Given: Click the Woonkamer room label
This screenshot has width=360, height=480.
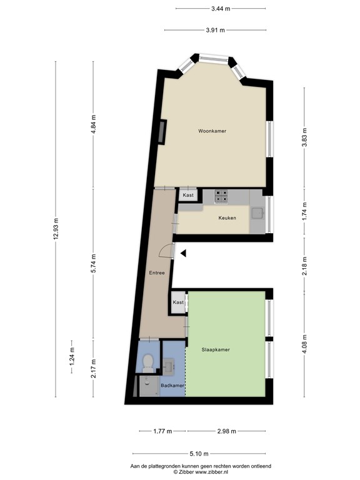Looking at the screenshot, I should click(212, 131).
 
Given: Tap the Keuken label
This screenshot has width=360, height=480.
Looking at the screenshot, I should click(227, 218).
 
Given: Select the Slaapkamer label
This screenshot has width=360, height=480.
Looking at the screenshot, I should click(215, 350).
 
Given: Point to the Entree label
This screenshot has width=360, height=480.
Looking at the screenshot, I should click(156, 272).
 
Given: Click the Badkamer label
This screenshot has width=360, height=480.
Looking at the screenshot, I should click(172, 386).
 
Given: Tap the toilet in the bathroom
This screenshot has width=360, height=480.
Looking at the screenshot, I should click(148, 361).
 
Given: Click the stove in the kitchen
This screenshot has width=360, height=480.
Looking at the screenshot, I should click(222, 196).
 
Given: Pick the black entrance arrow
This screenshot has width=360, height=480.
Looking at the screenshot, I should click(184, 253).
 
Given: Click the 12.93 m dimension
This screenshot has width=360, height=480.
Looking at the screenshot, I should click(56, 228).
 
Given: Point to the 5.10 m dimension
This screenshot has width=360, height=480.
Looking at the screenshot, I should click(200, 454).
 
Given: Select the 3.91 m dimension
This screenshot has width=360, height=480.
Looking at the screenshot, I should click(215, 30).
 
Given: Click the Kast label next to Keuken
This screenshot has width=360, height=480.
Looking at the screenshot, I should click(188, 196).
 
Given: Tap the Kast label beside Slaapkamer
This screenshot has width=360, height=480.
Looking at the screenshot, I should click(179, 302).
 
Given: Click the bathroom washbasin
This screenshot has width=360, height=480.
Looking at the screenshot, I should click(170, 364).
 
